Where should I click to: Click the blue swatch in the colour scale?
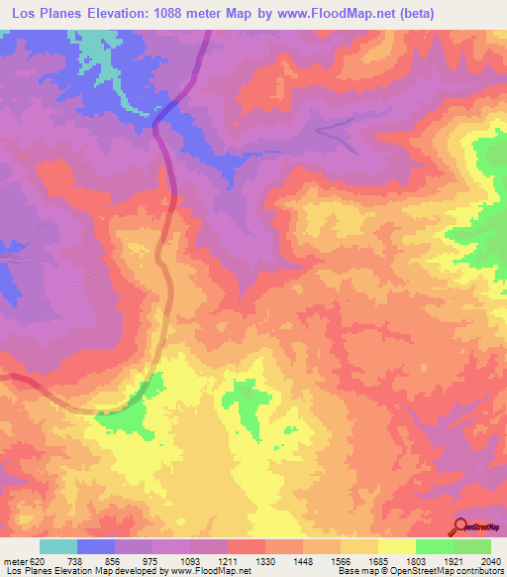click(x=95, y=546)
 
